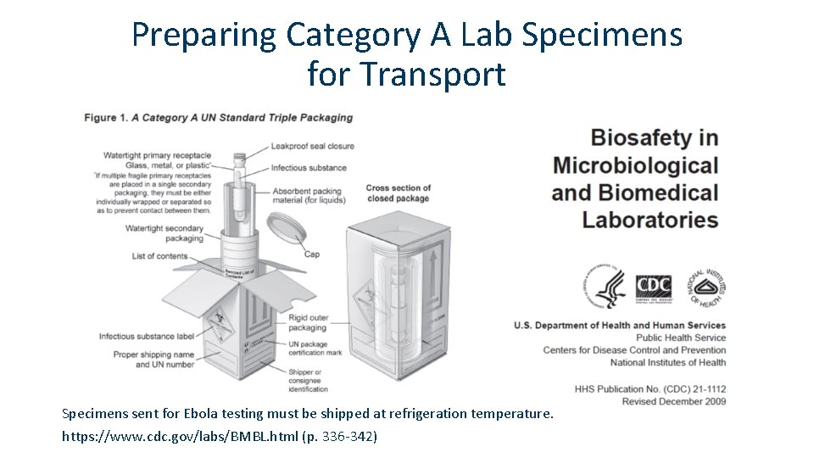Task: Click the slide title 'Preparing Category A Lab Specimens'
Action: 407,35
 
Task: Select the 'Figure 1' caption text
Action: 218,117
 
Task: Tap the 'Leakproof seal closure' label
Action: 312,146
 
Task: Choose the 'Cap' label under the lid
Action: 311,254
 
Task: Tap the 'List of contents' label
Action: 159,256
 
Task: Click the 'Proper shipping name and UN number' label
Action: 153,360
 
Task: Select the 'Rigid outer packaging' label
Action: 307,322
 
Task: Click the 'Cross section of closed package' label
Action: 398,193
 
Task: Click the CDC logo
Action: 654,287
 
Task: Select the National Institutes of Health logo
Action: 708,287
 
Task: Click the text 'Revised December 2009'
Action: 673,401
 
